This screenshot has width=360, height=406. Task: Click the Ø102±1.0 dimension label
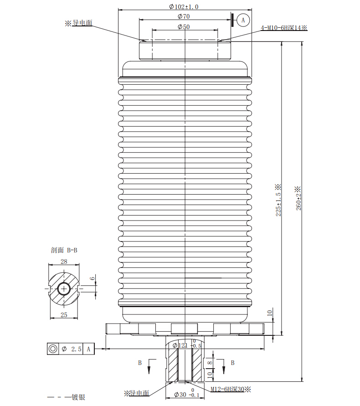[x=184, y=7]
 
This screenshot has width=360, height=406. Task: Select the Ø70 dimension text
[x=184, y=16]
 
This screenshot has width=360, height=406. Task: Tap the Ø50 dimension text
[x=184, y=27]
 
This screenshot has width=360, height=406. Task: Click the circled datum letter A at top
[x=243, y=20]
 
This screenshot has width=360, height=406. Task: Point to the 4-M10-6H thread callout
[x=284, y=28]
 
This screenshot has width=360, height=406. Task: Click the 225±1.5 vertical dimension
[x=278, y=200]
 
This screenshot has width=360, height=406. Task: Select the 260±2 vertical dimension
[x=298, y=198]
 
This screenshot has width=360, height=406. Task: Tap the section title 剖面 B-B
[x=64, y=250]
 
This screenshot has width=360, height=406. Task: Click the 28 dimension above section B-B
[x=64, y=262]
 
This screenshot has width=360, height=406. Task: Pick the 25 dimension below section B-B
[x=64, y=315]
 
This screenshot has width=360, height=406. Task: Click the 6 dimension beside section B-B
[x=92, y=278]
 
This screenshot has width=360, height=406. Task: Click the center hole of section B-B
[x=64, y=289]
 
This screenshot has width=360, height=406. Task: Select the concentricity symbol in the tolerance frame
[x=52, y=349]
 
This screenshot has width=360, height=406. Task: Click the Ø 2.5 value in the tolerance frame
[x=72, y=349]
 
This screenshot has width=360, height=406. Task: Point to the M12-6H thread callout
[x=231, y=389]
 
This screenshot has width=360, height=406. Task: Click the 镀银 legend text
[x=78, y=397]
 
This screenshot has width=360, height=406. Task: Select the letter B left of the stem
[x=140, y=363]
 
